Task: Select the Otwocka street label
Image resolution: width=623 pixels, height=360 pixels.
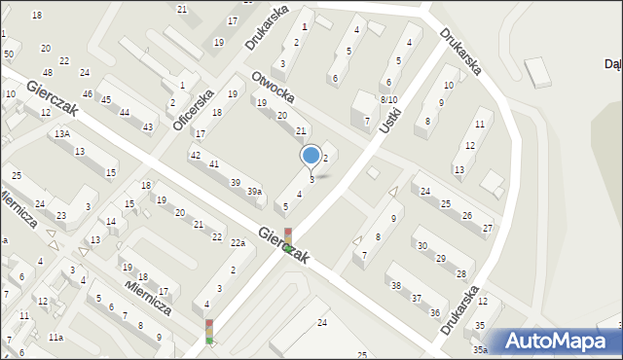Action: [273, 89]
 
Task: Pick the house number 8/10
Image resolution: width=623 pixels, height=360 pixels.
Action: [388, 99]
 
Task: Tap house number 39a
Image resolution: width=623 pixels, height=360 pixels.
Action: [254, 192]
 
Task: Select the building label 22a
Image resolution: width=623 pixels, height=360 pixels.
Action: [238, 242]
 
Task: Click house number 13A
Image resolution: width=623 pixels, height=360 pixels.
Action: [61, 133]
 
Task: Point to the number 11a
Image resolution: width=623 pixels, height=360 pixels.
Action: [55, 337]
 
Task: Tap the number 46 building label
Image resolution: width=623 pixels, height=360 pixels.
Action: [88, 93]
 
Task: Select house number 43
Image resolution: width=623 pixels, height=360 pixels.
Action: [148, 127]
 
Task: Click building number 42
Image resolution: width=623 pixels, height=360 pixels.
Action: [196, 155]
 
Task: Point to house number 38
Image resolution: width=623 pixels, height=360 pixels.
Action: [395, 285]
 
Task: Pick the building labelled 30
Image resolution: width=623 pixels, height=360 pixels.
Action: [421, 245]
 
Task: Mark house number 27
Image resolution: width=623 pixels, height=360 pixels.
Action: [488, 228]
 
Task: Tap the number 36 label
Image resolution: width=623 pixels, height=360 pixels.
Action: [434, 311]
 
